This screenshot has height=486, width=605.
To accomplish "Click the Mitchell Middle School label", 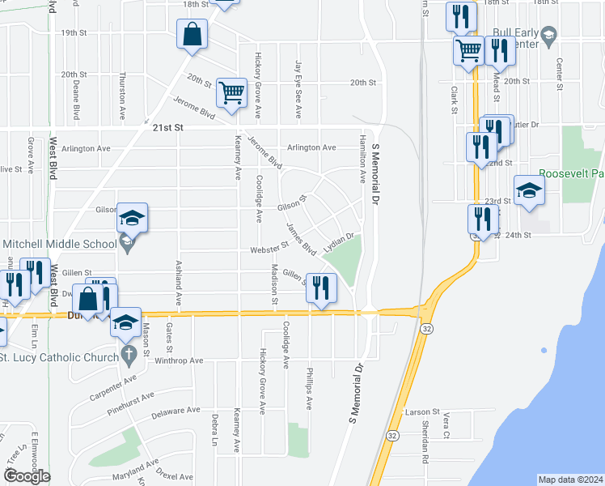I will (60, 244).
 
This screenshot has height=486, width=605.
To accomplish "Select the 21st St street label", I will (168, 128).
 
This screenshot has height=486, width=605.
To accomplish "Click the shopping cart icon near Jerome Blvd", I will (232, 93).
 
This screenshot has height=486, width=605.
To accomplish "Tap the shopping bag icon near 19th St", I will (192, 34).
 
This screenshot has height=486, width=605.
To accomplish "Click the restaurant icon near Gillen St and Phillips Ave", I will (321, 288).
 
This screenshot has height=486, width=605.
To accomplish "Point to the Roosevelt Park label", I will (571, 173).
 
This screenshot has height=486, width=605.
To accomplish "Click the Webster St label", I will (269, 249).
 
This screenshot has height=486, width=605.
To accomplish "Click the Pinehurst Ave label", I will (130, 403).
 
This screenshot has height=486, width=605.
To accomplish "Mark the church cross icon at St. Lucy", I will (128, 354).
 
